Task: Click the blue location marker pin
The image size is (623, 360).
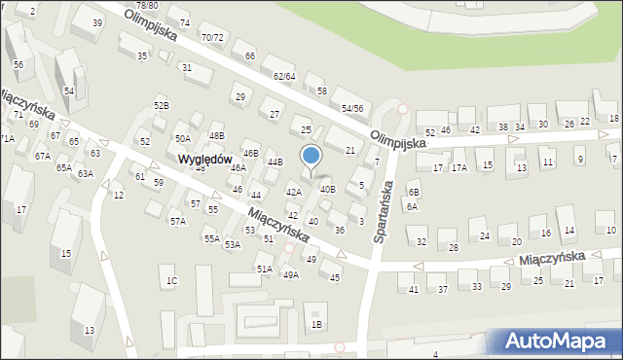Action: click(x=311, y=157)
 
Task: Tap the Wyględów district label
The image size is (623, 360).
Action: click(x=202, y=159)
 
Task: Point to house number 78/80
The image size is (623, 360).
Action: click(x=147, y=6)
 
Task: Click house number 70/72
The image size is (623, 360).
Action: click(x=211, y=37)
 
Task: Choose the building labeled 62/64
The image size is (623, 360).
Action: click(x=283, y=76)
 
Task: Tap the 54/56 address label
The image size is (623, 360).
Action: click(x=352, y=108)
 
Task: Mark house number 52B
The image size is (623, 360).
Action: click(x=162, y=105)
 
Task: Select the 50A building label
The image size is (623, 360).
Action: click(x=183, y=139)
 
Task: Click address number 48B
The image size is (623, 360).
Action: click(x=216, y=136)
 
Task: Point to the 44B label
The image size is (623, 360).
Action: click(x=275, y=162)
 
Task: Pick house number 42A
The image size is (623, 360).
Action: click(x=293, y=192)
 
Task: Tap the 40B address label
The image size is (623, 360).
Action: click(x=327, y=190)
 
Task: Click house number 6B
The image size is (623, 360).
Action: click(x=414, y=193)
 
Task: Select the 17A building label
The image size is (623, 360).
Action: click(x=458, y=167)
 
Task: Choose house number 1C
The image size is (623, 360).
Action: click(x=171, y=281)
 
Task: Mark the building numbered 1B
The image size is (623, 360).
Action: click(x=315, y=324)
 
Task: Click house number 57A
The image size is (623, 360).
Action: click(x=178, y=222)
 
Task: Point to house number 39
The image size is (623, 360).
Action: click(x=97, y=22)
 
